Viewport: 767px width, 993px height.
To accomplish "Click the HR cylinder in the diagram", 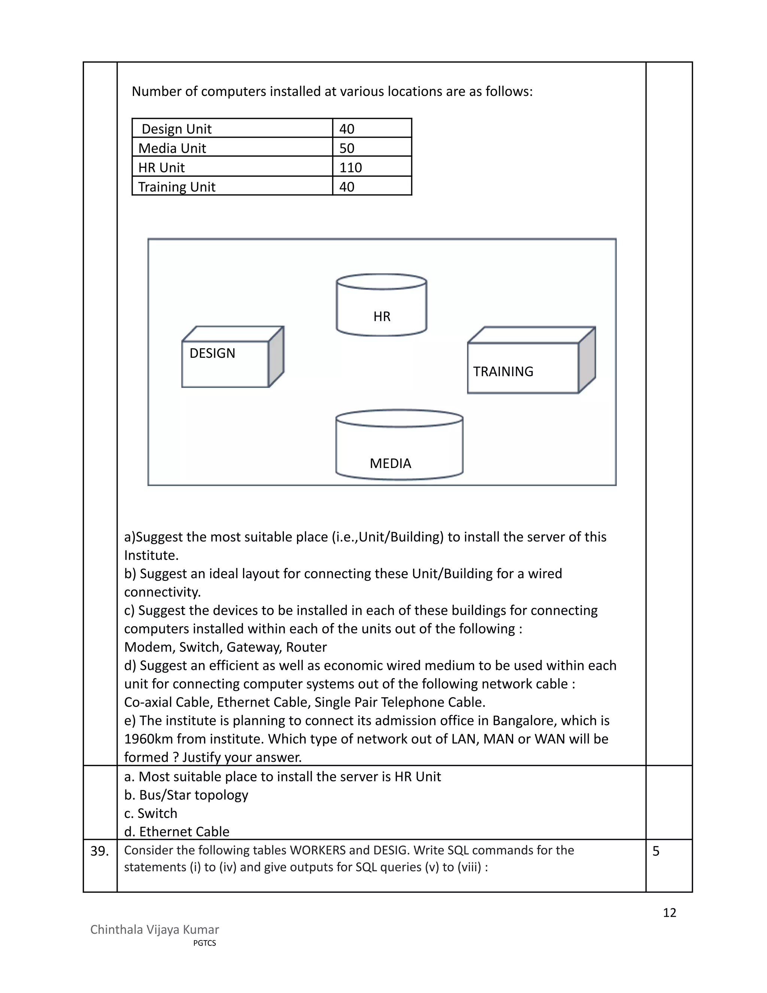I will [381, 305].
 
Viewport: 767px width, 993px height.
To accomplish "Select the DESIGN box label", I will [212, 353].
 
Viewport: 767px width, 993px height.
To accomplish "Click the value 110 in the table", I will [350, 167].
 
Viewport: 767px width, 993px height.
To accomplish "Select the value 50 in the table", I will [346, 148].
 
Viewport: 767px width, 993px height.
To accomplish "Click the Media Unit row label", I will [172, 148].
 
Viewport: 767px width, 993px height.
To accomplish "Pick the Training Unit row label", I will [176, 187].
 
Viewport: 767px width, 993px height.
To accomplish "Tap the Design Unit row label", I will [176, 129].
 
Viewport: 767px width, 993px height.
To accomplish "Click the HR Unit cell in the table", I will [161, 167].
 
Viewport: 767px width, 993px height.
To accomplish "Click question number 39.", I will [100, 851].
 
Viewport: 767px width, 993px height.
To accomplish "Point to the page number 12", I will [669, 912].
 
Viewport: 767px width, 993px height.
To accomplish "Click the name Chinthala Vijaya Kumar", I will [155, 929].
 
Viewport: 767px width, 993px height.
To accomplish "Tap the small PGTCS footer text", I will [204, 943].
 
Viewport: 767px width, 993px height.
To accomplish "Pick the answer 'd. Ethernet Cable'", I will [177, 831].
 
